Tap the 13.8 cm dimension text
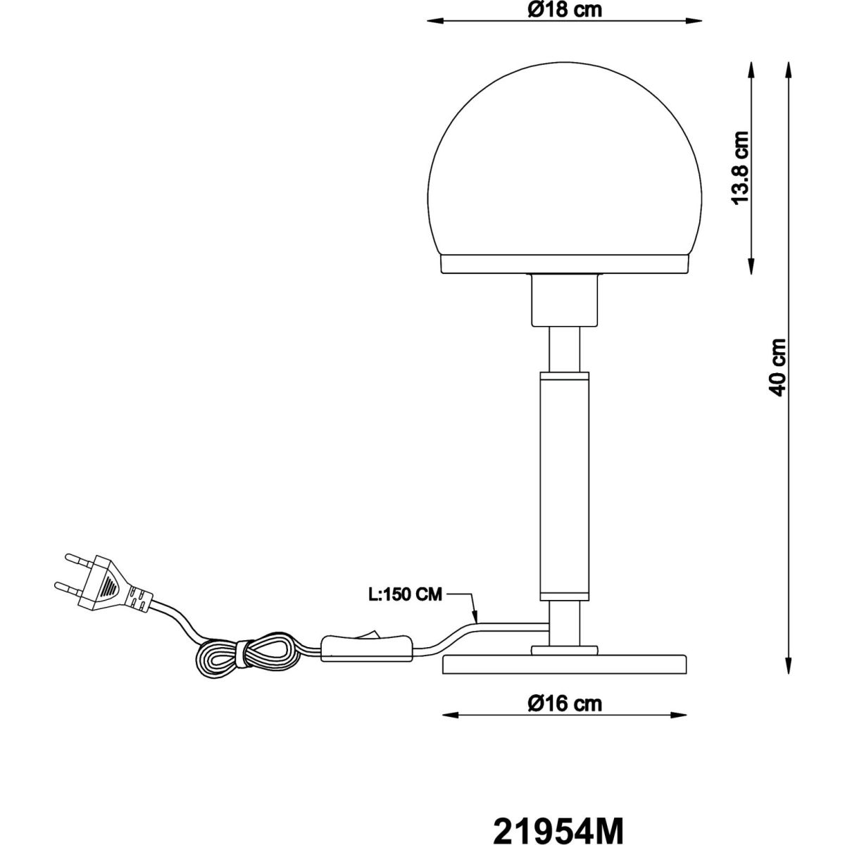tap(739, 168)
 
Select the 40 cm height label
tap(777, 366)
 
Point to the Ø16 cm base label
tap(563, 703)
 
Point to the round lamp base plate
tap(563, 665)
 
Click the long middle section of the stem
tap(563, 486)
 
